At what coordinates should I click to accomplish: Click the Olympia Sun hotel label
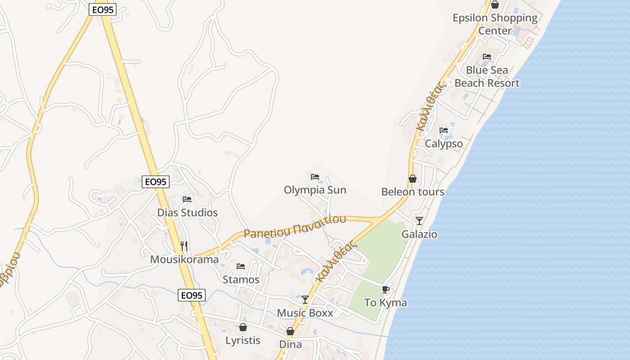coord(315,190)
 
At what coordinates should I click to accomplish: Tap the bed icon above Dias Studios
coord(187,199)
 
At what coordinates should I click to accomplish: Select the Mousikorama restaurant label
coord(184,260)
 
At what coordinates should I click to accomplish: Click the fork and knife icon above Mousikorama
coord(184,246)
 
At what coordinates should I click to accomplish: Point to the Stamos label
coord(241,279)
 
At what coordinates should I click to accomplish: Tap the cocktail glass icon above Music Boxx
coord(305,299)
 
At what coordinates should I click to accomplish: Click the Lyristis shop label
coord(243,340)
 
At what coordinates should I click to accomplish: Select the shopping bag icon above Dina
coord(290,332)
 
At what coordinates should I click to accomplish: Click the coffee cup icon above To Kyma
coord(385,289)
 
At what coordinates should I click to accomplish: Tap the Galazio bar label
coord(419,234)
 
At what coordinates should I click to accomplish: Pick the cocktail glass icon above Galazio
coord(419,220)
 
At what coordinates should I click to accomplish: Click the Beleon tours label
coord(413,192)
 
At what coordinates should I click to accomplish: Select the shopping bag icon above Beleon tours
coord(412,179)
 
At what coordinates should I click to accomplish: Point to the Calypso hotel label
coord(444,144)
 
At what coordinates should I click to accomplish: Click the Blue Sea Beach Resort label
coord(487,76)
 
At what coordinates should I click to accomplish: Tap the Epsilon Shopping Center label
coord(495,24)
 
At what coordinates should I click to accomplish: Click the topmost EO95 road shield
coord(103,9)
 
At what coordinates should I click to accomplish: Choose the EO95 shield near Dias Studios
coord(156,182)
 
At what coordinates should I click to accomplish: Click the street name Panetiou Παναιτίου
coord(295,226)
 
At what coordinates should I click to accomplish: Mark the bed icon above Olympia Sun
coord(315,176)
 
